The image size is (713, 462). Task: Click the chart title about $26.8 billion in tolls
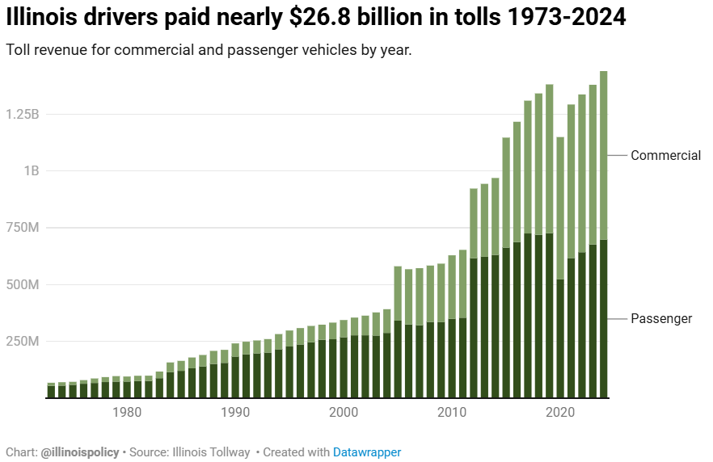(x=316, y=17)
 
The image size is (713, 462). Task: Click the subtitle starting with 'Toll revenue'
(x=209, y=50)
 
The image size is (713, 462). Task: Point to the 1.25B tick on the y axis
(x=23, y=114)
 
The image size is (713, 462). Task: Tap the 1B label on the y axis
(x=31, y=171)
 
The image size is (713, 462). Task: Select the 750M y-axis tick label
(x=23, y=228)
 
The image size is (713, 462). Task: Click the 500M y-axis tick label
(x=23, y=285)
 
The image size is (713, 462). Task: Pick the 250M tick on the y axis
(x=23, y=342)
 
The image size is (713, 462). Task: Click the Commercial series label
(x=665, y=156)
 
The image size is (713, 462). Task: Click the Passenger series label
(x=661, y=319)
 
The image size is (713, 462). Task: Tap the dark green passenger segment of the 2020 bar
(x=560, y=338)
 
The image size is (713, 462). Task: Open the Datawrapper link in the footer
(x=367, y=452)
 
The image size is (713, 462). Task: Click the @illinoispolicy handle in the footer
(x=80, y=452)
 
